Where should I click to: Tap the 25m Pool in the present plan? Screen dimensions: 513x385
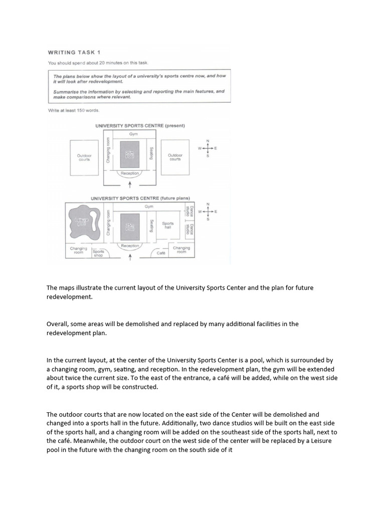point(129,155)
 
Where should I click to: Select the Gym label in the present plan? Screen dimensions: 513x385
point(133,134)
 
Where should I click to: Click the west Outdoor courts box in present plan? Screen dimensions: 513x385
point(84,157)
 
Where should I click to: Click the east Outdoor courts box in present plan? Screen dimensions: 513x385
point(175,157)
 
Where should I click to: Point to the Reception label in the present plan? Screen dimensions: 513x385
point(130,173)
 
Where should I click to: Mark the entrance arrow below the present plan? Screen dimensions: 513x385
point(130,184)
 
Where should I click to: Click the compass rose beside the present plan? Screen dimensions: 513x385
point(208,148)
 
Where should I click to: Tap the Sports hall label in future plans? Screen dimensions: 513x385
point(168,225)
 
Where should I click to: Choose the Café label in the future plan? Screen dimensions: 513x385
point(161,253)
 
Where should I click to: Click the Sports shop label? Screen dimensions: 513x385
point(98,253)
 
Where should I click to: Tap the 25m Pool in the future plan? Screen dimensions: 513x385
point(129,226)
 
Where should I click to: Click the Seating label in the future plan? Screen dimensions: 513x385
point(151,225)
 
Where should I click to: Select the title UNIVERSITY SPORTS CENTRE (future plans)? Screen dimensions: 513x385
point(140,198)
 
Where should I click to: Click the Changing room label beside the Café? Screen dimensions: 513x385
point(181,249)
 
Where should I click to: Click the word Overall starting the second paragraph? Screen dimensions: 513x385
point(57,324)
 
